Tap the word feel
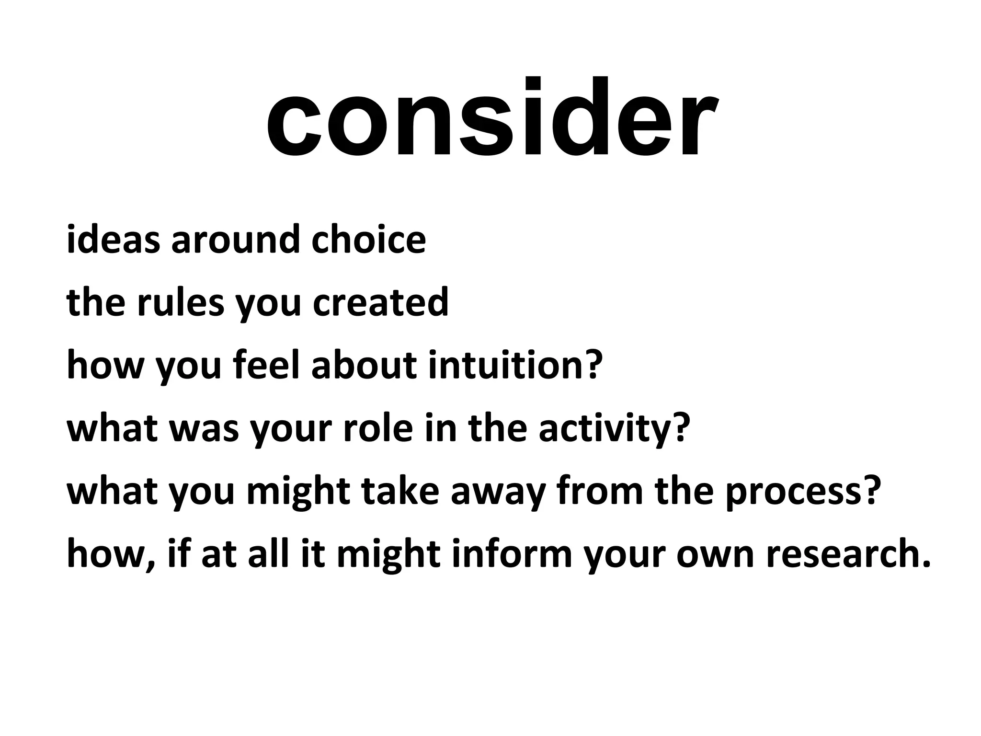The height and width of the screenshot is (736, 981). pyautogui.click(x=267, y=365)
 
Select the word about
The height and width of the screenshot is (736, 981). pyautogui.click(x=364, y=365)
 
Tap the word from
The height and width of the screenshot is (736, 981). pyautogui.click(x=600, y=492)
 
